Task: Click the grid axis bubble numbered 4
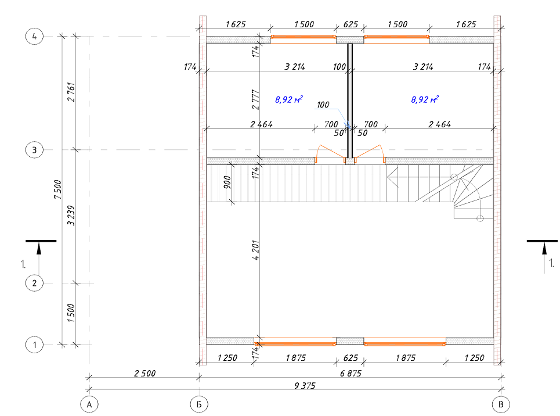[34, 36]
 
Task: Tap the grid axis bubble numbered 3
[34, 150]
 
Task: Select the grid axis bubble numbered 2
[34, 283]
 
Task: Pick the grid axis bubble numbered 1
[34, 345]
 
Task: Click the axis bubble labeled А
[89, 404]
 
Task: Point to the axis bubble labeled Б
[199, 404]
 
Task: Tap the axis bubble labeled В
[501, 404]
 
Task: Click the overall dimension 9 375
[305, 386]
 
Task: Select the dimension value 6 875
[351, 374]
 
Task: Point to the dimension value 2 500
[144, 374]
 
